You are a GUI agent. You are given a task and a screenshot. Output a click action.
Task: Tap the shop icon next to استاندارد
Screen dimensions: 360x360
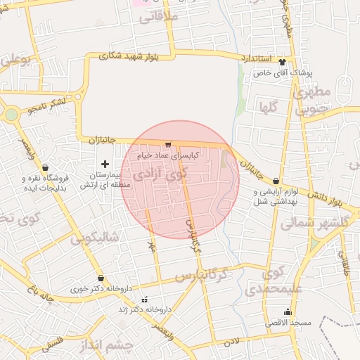point(283,60)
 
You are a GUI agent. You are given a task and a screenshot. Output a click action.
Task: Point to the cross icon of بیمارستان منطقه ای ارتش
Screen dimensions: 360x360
point(105,164)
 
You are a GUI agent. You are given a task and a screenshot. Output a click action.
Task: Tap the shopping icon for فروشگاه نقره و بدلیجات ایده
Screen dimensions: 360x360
point(46,168)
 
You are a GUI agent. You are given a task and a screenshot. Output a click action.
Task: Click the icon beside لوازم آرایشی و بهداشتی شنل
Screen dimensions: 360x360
point(276,181)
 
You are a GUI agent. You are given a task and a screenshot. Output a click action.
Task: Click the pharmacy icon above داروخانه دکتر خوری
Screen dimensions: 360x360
point(101,278)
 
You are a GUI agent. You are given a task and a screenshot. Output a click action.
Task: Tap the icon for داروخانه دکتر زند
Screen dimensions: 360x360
point(146,300)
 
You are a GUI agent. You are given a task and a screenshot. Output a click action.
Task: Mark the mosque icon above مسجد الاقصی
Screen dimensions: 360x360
point(287,311)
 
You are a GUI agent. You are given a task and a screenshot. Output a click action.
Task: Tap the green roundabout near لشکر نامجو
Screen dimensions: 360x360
point(11,115)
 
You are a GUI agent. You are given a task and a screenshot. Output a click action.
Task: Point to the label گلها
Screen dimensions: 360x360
point(270,108)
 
